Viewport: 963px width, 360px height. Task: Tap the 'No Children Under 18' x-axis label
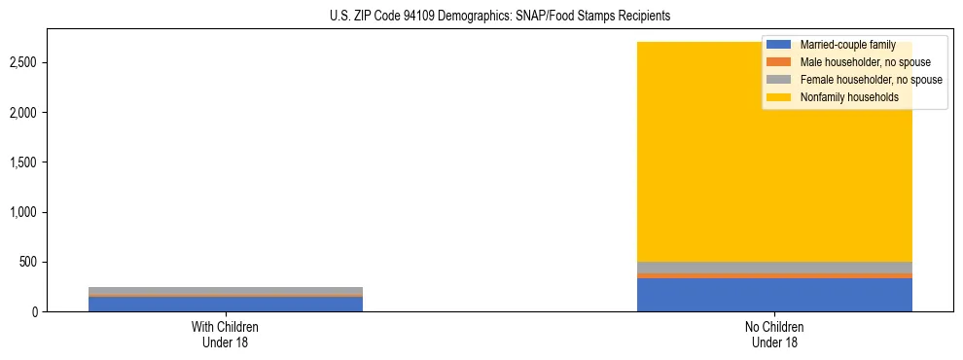coord(774,335)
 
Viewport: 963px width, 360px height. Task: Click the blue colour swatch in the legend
coord(779,45)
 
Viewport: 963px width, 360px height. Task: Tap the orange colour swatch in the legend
coord(779,62)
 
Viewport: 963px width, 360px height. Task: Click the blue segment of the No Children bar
coord(774,295)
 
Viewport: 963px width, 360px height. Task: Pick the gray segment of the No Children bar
coord(774,268)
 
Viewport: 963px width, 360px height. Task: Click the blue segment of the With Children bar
coord(226,304)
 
